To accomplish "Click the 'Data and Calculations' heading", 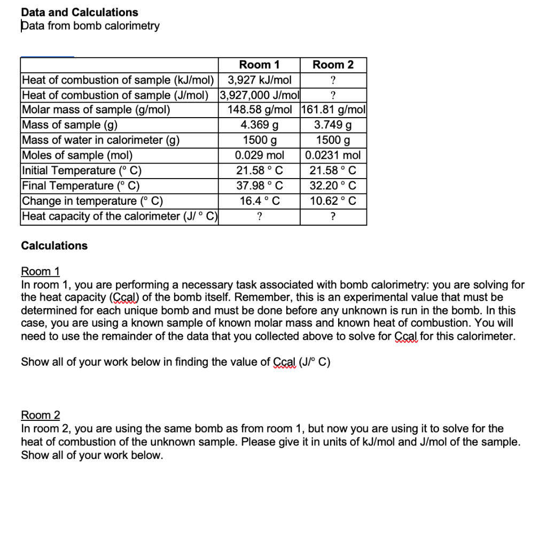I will pyautogui.click(x=79, y=12).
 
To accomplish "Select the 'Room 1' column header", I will pyautogui.click(x=259, y=65).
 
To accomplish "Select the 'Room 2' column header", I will pyautogui.click(x=333, y=65).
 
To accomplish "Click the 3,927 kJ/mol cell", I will pyautogui.click(x=259, y=80).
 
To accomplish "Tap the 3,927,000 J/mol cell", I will pyautogui.click(x=259, y=95).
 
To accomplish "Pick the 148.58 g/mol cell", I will pyautogui.click(x=259, y=110).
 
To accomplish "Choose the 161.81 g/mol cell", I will pyautogui.click(x=333, y=110).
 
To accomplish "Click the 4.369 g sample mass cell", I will pyautogui.click(x=259, y=125).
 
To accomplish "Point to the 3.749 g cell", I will pyautogui.click(x=333, y=125).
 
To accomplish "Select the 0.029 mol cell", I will pyautogui.click(x=259, y=156).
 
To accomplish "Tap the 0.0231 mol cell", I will pyautogui.click(x=333, y=156).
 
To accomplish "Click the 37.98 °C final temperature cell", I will pyautogui.click(x=259, y=186).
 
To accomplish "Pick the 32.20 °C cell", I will pyautogui.click(x=333, y=186).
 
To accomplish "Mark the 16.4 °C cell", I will pyautogui.click(x=259, y=201).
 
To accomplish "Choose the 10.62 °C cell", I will pyautogui.click(x=333, y=201).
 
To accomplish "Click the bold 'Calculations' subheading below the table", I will pyautogui.click(x=54, y=245).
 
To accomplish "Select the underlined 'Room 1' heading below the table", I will pyautogui.click(x=40, y=271).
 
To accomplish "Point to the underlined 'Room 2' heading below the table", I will pyautogui.click(x=40, y=415).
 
